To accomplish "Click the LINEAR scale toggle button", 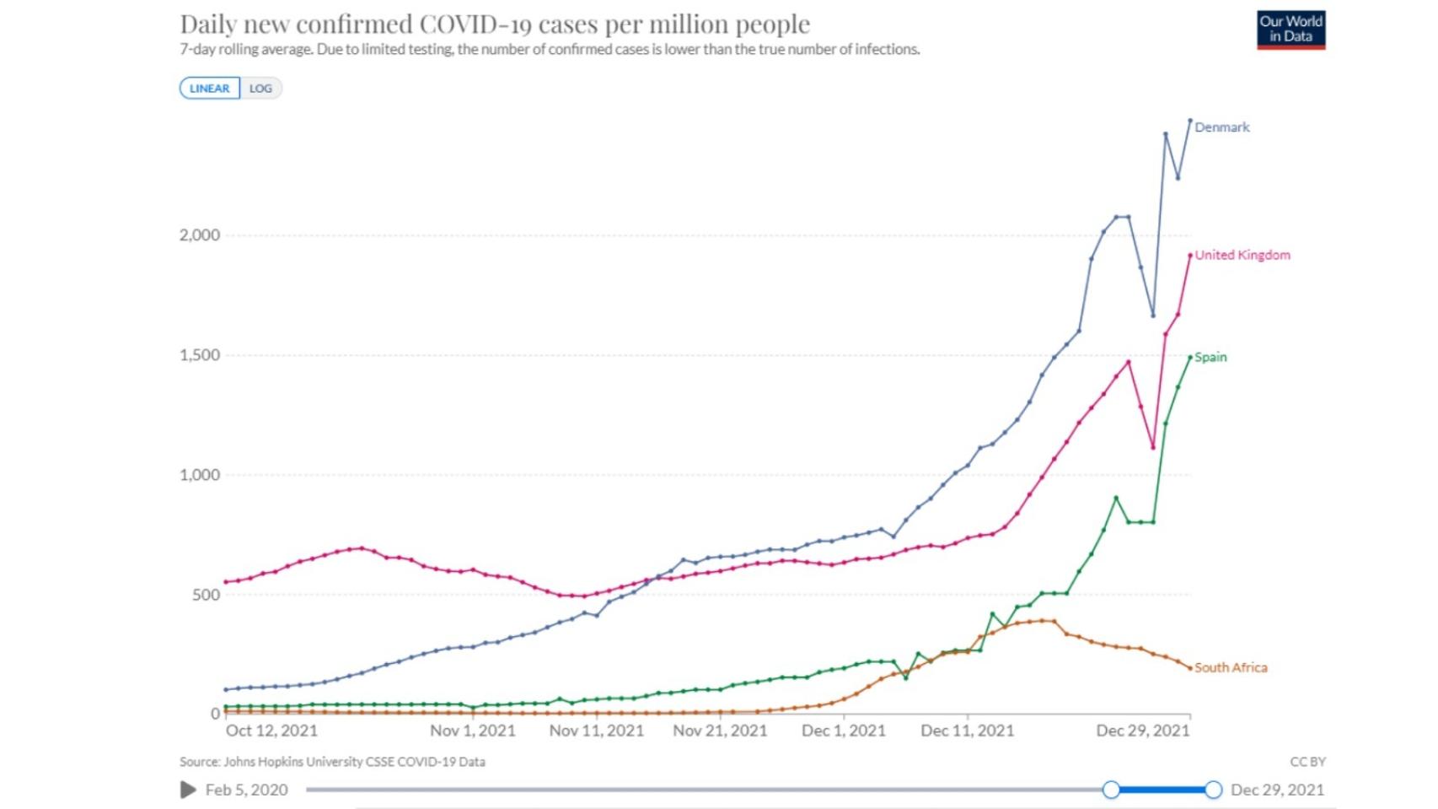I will tap(209, 89).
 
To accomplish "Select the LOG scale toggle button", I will tap(260, 89).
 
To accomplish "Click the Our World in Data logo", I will tap(1290, 30).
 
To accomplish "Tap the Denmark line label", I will tap(1221, 127).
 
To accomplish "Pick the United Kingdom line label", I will tap(1242, 255).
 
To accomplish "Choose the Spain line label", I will tap(1210, 357).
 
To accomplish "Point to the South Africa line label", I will tap(1230, 667).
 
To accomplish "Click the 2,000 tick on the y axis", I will tap(200, 235).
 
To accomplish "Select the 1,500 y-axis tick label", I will tap(200, 355).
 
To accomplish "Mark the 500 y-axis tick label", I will tap(206, 595).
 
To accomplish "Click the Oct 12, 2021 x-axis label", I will tap(271, 731).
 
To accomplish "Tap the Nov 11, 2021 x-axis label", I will tap(596, 731).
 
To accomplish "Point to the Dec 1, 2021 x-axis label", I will tap(843, 731).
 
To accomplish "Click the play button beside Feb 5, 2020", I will tap(188, 790).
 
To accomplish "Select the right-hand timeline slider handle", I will tap(1213, 790).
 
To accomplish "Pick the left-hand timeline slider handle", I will tap(1111, 790).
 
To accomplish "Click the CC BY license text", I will tap(1307, 762).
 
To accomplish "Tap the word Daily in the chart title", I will tap(207, 24).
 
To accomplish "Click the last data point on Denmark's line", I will tap(1190, 121).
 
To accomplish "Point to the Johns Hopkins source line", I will tap(332, 762).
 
